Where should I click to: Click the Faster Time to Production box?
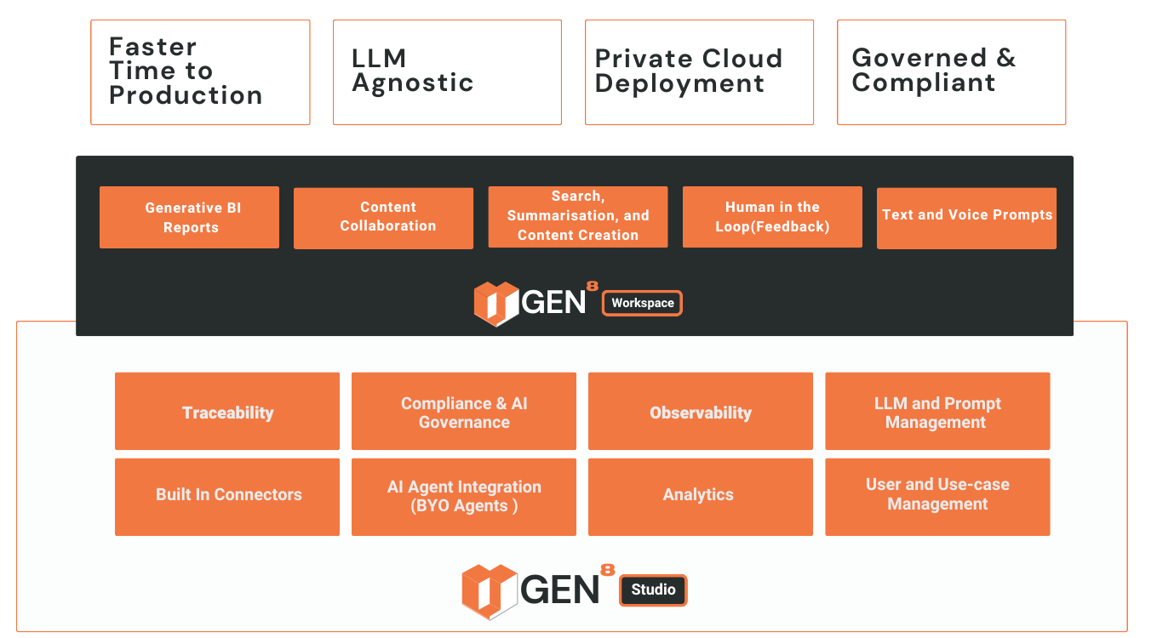tap(200, 72)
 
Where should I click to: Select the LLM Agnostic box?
tap(447, 72)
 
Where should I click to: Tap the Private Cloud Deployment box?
tap(699, 72)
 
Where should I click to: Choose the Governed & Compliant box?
tap(951, 72)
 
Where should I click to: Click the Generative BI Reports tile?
tap(189, 218)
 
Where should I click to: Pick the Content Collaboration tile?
tap(383, 218)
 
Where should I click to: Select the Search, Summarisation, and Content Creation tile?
tap(577, 217)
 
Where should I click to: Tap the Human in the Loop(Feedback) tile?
tap(772, 217)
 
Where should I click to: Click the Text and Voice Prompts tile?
tap(966, 218)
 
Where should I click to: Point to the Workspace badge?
tap(642, 303)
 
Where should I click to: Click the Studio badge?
tap(653, 590)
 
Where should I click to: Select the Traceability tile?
tap(227, 412)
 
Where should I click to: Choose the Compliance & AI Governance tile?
tap(464, 412)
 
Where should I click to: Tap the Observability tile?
tap(701, 412)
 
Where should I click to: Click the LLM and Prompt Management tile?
tap(937, 412)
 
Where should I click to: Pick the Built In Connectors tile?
tap(227, 497)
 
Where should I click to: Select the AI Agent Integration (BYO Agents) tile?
tap(464, 497)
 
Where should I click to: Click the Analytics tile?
tap(701, 497)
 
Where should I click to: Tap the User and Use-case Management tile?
tap(937, 497)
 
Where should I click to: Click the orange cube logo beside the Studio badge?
tap(490, 590)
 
